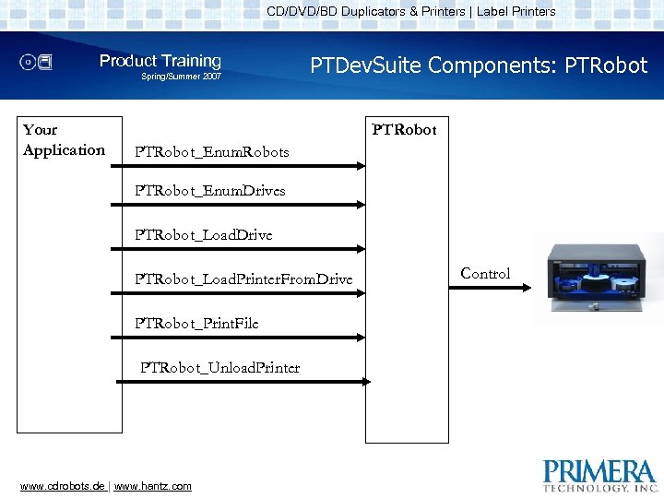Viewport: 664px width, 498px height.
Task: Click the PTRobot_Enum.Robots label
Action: (x=211, y=151)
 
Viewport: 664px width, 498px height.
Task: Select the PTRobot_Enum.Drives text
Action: (x=209, y=191)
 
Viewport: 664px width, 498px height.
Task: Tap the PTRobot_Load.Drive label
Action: (x=203, y=235)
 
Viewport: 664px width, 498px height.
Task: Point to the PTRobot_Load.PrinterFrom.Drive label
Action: (x=243, y=279)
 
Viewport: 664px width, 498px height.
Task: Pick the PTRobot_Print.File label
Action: (x=196, y=324)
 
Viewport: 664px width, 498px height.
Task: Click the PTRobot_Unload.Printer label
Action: (x=219, y=368)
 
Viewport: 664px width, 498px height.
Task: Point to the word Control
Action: (x=485, y=273)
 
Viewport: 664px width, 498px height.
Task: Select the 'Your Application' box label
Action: (x=64, y=140)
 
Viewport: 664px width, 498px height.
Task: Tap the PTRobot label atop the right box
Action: (x=404, y=130)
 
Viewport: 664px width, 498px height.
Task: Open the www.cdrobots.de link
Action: (x=62, y=486)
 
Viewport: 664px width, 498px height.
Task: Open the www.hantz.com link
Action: (x=152, y=486)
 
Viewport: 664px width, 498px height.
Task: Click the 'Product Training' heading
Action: (x=160, y=61)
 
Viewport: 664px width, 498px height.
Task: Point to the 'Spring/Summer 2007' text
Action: (x=181, y=77)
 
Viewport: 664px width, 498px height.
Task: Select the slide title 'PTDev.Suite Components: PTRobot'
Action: (x=479, y=65)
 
